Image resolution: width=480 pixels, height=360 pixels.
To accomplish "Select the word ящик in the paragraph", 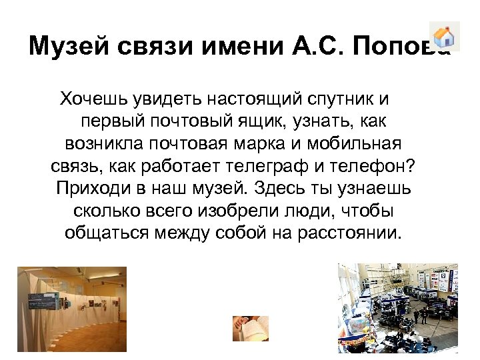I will (272, 122).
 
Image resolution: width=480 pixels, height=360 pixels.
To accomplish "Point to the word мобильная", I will (363, 144).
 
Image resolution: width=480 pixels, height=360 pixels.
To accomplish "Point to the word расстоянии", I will (353, 233).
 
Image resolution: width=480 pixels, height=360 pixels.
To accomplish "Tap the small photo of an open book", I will (250, 328).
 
